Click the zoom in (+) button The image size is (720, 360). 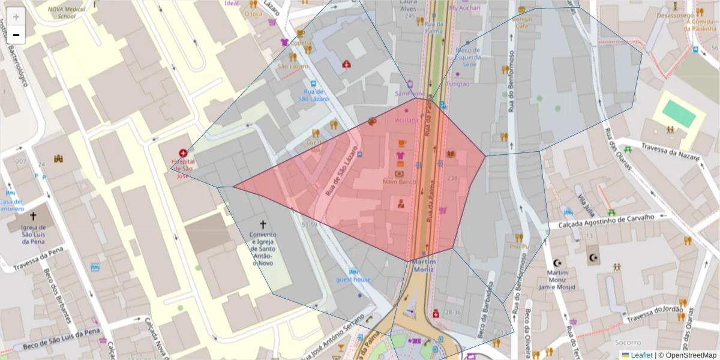[16, 17]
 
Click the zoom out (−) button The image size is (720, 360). [16, 35]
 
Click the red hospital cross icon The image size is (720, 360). [183, 154]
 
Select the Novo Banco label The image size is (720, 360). [400, 181]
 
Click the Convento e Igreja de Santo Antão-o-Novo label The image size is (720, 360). [263, 249]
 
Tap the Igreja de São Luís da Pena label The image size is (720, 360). [34, 235]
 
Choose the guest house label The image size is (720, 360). [353, 280]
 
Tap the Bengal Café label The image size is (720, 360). [522, 22]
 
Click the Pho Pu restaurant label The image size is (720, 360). [519, 246]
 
